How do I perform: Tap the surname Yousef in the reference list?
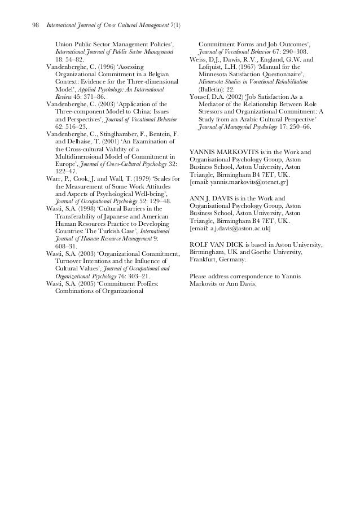[x=201, y=97]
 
